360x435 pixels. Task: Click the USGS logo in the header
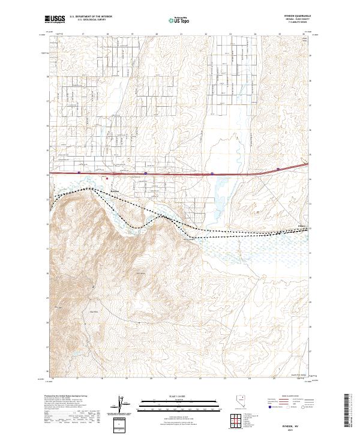[55, 19]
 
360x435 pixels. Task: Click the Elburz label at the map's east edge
[302, 226]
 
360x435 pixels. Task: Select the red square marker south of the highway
[107, 178]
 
